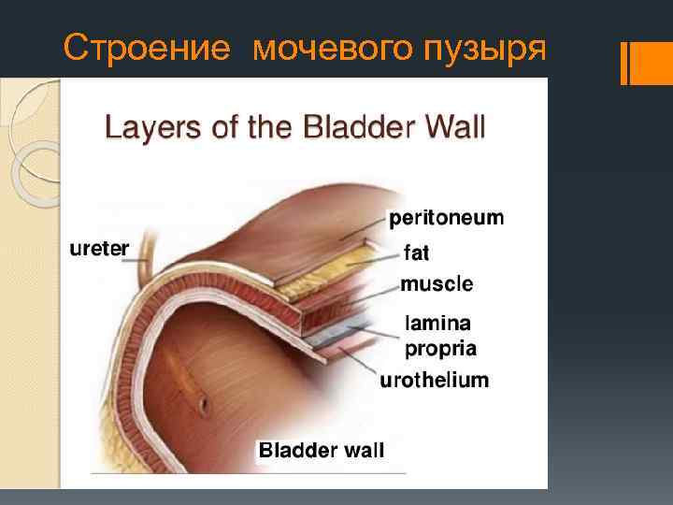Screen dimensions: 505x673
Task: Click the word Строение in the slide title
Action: coord(145,48)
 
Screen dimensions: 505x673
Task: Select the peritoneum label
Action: coord(446,219)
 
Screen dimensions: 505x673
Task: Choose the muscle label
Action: coord(437,283)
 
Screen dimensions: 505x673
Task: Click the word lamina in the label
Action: coord(437,323)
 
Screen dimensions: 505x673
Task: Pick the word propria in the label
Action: coord(440,349)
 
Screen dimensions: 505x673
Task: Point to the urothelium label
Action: coord(434,381)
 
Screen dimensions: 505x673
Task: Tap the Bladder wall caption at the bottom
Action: coord(321,451)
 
